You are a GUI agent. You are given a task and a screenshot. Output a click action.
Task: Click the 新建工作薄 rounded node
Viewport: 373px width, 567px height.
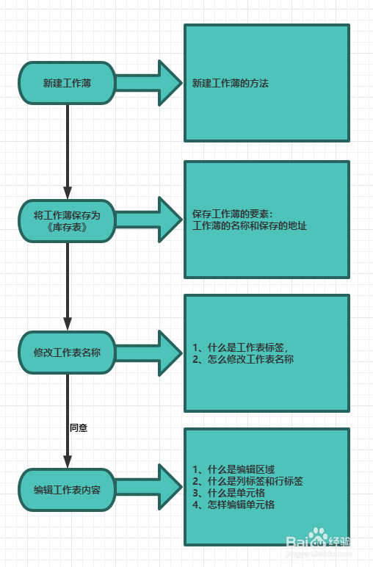(67, 83)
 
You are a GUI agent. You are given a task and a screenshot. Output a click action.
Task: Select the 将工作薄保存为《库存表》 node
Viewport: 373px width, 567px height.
(67, 221)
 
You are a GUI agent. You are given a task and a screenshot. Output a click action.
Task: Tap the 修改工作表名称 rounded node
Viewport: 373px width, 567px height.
(67, 353)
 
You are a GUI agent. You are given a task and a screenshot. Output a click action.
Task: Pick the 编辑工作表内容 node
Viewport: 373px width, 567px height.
(67, 490)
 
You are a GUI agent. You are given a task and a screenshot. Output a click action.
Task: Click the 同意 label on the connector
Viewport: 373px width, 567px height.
(79, 427)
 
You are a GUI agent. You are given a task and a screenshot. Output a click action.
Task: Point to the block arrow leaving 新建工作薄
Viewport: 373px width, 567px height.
(149, 83)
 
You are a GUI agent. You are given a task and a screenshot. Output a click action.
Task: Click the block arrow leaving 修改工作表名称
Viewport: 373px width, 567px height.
(149, 353)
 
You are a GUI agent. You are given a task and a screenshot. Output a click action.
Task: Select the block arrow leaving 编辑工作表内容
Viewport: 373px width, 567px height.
(149, 487)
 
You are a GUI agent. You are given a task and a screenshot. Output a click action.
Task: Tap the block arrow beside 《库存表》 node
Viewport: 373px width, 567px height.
(149, 220)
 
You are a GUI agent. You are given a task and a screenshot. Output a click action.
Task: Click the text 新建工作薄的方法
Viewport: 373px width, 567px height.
(231, 84)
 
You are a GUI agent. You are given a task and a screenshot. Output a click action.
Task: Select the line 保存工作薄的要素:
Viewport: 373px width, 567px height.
(233, 214)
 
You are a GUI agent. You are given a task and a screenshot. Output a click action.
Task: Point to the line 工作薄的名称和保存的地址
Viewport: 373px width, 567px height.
(250, 226)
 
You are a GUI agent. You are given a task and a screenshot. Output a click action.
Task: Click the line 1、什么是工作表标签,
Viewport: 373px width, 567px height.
(240, 347)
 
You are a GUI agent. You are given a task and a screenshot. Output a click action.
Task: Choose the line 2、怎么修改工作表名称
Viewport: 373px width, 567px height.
(243, 359)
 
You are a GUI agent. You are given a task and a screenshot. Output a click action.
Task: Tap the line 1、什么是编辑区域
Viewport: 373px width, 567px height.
(233, 469)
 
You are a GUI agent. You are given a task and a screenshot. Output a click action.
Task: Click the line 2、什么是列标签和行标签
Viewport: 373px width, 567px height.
(247, 481)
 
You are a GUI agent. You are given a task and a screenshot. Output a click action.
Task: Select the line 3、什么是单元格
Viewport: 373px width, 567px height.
(229, 493)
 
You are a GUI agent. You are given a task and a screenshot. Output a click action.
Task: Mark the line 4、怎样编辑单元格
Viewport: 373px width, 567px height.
(233, 505)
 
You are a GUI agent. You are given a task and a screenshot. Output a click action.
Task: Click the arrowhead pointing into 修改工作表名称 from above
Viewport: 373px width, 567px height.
(68, 324)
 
